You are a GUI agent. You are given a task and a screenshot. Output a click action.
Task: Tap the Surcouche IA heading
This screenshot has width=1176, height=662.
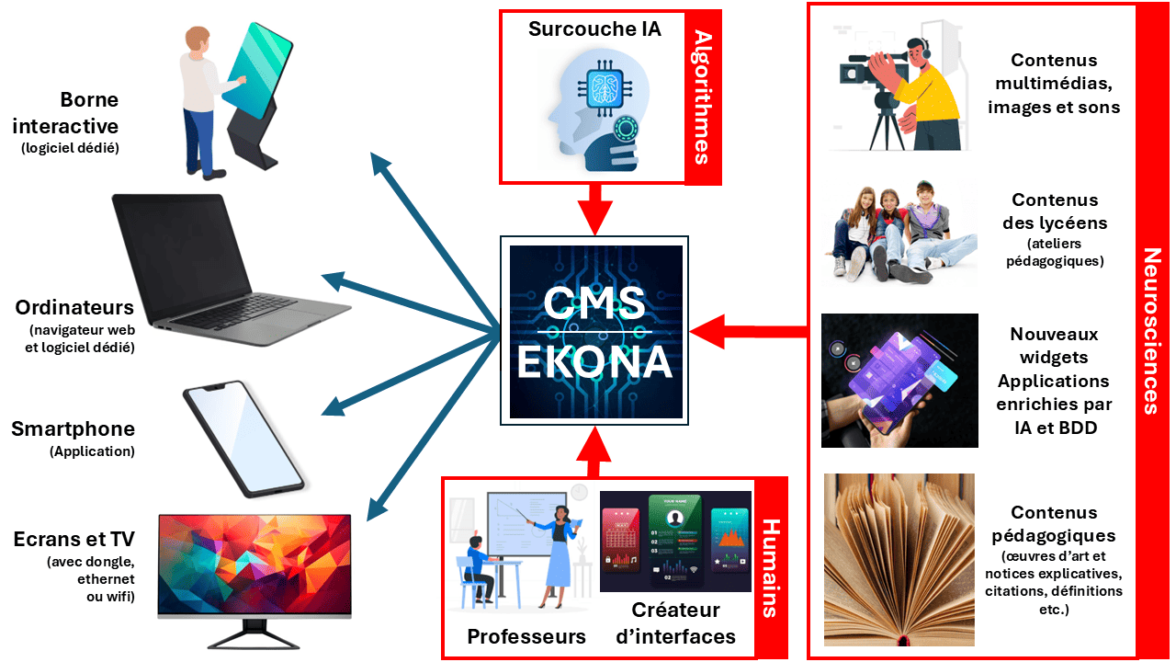[x=594, y=29]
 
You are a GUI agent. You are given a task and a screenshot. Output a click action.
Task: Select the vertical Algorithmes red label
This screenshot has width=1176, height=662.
[x=703, y=97]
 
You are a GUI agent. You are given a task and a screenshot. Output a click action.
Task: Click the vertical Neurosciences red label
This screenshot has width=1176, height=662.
[x=1150, y=331]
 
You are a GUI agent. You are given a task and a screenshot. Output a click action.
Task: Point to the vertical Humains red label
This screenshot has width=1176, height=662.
[x=771, y=567]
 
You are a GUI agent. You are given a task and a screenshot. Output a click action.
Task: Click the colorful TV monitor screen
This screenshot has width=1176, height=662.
[x=254, y=565]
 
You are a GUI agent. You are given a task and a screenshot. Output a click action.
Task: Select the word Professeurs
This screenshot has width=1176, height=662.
[x=526, y=636]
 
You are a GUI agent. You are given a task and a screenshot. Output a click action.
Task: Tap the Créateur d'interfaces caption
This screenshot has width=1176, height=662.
[x=676, y=622]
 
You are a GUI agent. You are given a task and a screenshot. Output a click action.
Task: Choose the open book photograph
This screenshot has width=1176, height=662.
[x=899, y=558]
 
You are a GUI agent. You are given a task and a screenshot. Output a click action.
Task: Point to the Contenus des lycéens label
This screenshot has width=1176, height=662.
[x=1055, y=211]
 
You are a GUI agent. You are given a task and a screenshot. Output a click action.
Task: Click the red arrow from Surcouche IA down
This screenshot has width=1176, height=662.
[x=594, y=207]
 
